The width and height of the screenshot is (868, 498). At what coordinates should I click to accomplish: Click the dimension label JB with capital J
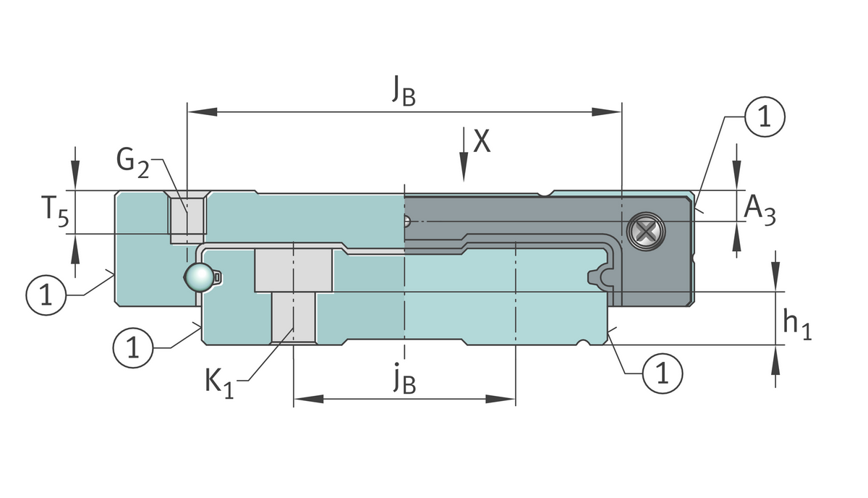pyautogui.click(x=404, y=90)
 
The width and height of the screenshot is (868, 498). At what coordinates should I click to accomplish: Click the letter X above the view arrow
pyautogui.click(x=482, y=142)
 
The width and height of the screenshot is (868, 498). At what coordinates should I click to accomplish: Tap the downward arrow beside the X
pyautogui.click(x=463, y=156)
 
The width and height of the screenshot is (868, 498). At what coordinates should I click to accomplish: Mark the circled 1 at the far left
pyautogui.click(x=46, y=295)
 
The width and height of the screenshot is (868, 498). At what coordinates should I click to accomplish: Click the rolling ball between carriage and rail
pyautogui.click(x=198, y=277)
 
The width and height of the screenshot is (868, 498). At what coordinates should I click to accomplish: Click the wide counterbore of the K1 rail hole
pyautogui.click(x=294, y=270)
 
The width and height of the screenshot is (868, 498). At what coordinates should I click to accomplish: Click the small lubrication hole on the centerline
pyautogui.click(x=408, y=221)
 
